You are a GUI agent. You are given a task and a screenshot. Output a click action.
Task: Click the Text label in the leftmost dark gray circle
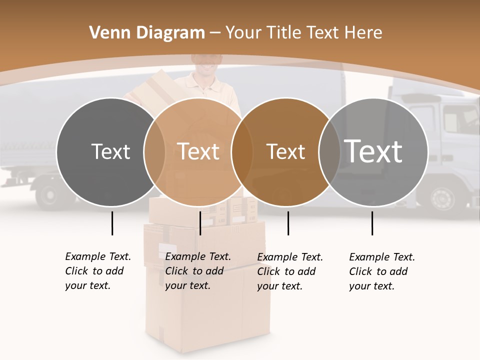point(110,151)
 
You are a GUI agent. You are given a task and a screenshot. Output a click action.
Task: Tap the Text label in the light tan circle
point(198,151)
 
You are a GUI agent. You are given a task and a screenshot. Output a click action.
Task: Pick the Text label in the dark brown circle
point(285,151)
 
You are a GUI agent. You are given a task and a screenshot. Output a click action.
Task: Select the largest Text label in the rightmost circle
point(373,151)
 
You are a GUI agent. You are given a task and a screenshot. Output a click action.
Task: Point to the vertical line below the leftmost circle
point(112,223)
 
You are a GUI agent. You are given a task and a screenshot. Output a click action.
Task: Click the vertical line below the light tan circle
point(200,223)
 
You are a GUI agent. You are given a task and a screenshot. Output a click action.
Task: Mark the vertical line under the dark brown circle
point(288,223)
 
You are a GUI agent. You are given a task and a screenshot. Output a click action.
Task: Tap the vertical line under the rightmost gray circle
point(372,223)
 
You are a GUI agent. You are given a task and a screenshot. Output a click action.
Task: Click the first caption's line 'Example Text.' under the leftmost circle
point(98,256)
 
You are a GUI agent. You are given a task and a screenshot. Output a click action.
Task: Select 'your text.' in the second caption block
point(187,285)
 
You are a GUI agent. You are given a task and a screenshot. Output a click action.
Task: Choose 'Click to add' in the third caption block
point(286,271)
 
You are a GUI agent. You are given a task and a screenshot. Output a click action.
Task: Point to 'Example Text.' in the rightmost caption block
point(382,257)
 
